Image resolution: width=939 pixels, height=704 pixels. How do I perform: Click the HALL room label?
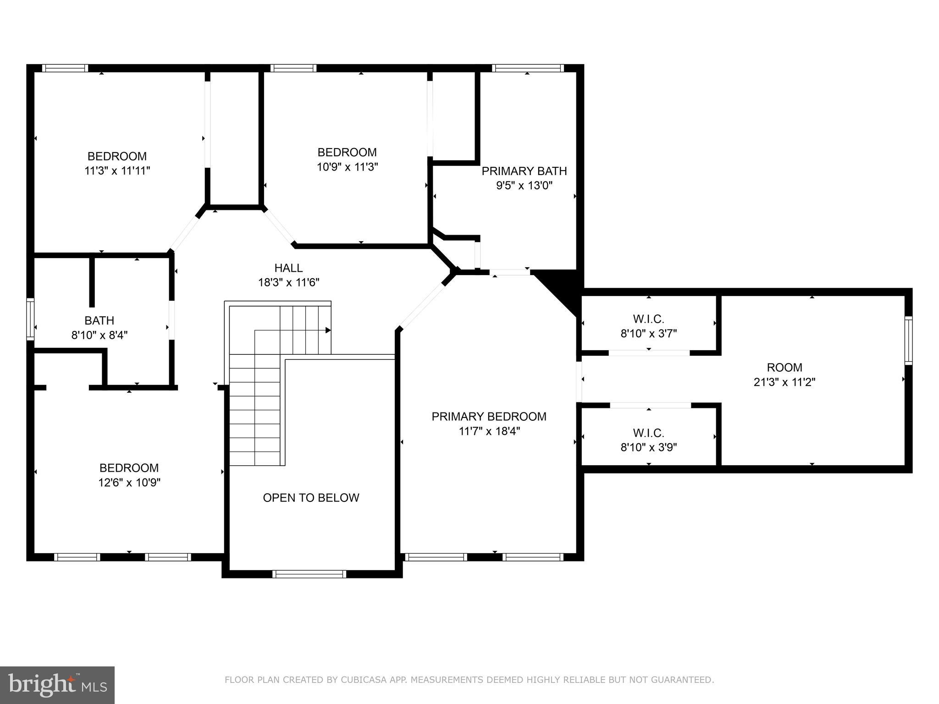point(288,268)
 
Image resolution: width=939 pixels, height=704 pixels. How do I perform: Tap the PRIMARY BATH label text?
point(524,171)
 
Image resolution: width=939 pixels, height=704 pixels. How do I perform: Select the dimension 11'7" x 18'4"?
point(489,431)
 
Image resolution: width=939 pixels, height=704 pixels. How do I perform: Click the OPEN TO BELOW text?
point(311,498)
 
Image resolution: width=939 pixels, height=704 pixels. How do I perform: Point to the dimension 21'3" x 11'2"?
point(784,382)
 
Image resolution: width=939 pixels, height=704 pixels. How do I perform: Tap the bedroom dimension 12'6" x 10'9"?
point(129,483)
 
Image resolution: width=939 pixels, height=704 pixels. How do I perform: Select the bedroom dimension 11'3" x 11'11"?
point(117,171)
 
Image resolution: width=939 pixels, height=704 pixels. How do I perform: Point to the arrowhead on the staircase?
point(328,330)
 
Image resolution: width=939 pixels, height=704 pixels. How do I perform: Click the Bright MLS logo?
point(57,685)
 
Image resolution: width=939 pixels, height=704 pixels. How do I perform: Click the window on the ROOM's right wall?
point(908,340)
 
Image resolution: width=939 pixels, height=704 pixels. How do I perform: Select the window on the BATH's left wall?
point(30,319)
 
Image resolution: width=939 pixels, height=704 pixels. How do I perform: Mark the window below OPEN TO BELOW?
point(309,574)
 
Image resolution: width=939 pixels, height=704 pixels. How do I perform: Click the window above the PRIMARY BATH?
point(528,68)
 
